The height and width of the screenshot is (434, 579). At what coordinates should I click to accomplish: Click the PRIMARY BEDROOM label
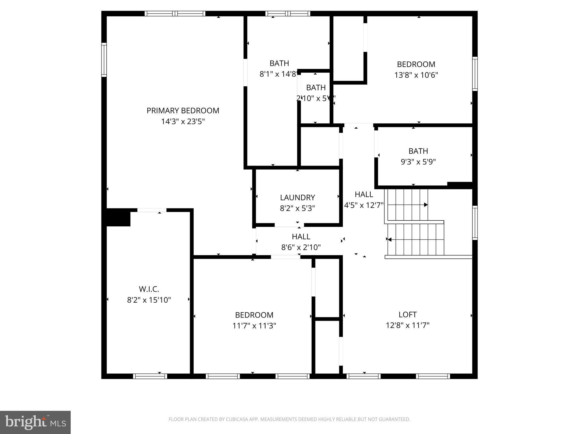[183, 110]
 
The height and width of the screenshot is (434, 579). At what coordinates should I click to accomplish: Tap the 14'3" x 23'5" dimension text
[183, 121]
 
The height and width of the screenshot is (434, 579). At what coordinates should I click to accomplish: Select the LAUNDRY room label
[297, 197]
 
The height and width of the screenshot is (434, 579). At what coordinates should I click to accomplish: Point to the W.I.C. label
[149, 289]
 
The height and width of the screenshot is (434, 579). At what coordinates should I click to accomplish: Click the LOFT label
[407, 314]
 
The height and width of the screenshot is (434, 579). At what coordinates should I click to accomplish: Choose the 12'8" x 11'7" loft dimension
[407, 325]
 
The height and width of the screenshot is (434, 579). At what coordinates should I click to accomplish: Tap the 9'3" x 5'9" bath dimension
[418, 162]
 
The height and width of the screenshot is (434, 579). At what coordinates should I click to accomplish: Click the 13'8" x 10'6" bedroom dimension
[416, 75]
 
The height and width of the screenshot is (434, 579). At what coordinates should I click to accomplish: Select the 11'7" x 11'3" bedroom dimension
[254, 326]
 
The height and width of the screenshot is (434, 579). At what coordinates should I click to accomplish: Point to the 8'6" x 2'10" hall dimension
[301, 248]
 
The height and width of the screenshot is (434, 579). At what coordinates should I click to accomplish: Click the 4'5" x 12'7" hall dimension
[364, 205]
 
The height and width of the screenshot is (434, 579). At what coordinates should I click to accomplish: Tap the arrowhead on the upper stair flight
[426, 205]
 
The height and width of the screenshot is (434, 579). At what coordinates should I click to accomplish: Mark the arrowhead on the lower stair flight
[389, 240]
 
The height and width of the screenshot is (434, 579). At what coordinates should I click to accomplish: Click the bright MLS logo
[35, 422]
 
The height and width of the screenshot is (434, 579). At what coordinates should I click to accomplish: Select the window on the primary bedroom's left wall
[104, 60]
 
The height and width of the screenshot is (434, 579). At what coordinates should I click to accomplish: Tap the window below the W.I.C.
[150, 376]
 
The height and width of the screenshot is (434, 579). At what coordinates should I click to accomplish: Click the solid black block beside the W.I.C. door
[118, 217]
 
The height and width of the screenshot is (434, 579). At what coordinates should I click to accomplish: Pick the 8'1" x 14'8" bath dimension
[278, 74]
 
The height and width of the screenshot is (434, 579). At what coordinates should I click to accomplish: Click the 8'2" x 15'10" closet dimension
[149, 300]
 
